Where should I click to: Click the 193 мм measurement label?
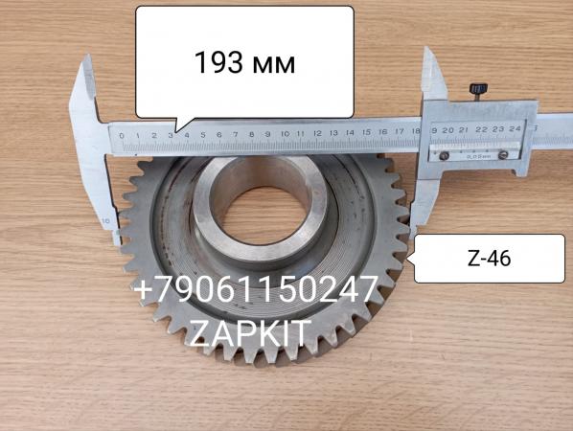point(244,63)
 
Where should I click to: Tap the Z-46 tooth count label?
point(489,259)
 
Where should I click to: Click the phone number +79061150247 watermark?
point(256,289)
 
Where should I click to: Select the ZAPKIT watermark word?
point(250,333)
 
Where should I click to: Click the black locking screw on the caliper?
point(478,90)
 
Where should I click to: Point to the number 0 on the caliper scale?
point(122,136)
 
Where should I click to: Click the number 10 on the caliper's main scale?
point(286,134)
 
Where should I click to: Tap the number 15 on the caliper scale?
point(367,132)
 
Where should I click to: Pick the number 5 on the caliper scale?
point(203,135)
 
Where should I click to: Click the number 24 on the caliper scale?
point(515,128)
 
